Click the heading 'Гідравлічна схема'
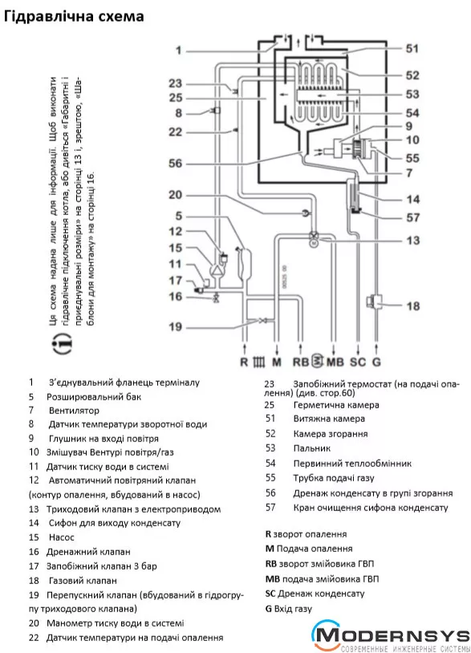click(74, 17)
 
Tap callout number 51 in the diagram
click(412, 49)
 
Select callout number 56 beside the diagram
click(176, 164)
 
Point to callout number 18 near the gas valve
click(412, 306)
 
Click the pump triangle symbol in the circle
click(217, 271)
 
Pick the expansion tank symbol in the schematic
click(244, 263)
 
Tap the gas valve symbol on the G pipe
click(372, 300)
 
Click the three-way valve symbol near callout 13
click(313, 235)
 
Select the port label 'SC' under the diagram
click(357, 362)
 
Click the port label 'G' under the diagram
click(376, 362)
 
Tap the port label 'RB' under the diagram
click(301, 362)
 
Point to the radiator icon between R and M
click(258, 362)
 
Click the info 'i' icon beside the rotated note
click(62, 343)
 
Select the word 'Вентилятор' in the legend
click(74, 411)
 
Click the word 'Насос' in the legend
click(61, 537)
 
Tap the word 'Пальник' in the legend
click(312, 448)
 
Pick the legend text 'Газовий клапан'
click(83, 581)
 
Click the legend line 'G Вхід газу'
click(289, 609)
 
